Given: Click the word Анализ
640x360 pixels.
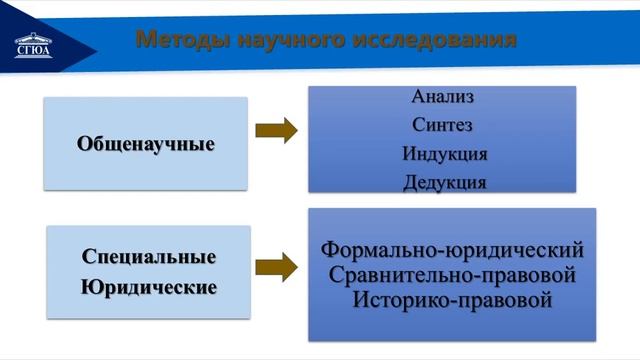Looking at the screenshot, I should (442, 98).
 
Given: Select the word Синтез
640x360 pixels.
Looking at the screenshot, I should (442, 126).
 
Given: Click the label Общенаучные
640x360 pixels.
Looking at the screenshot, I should (146, 143).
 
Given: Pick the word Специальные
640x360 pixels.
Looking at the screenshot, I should (149, 257).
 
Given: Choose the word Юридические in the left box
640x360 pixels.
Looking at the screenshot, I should (149, 288).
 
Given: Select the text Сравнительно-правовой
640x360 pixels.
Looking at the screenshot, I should (452, 273).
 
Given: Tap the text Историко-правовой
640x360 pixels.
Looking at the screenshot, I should (452, 298).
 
